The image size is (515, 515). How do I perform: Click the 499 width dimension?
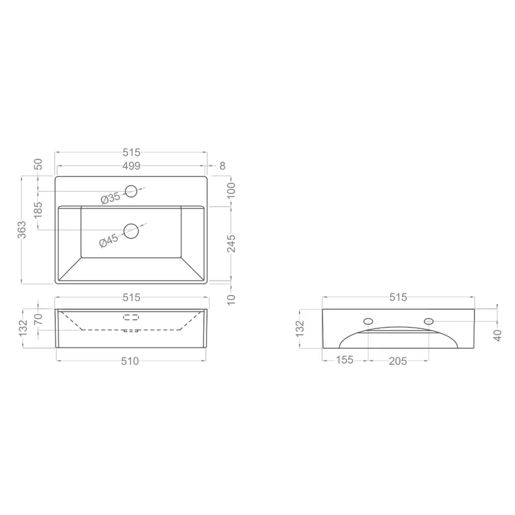[x=131, y=166]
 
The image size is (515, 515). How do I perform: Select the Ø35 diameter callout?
[x=111, y=198]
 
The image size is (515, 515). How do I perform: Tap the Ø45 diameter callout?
[x=109, y=240]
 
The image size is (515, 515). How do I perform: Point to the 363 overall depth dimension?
[x=21, y=230]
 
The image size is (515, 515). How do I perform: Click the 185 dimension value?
[x=38, y=210]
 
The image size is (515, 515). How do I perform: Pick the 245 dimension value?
[x=232, y=243]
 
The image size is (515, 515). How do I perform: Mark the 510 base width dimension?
[x=130, y=361]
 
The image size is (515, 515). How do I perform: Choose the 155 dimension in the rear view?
[x=344, y=360]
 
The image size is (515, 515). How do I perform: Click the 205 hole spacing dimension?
[x=398, y=361]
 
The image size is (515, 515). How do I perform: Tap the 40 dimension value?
[x=498, y=335]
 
